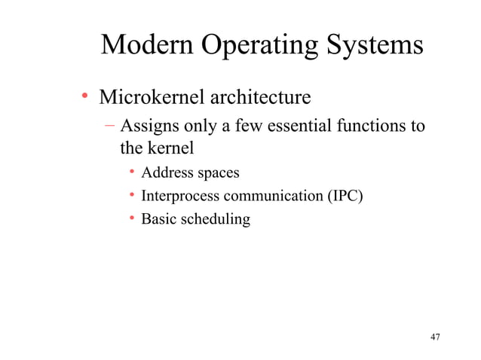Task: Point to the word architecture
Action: [x=261, y=98]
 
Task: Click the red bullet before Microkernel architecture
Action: [x=85, y=97]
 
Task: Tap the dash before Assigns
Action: [x=111, y=124]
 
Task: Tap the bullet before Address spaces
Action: [x=131, y=173]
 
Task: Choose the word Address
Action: [x=167, y=173]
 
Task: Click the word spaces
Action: [x=218, y=174]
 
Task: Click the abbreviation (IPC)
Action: [x=344, y=197]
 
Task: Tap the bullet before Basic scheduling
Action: [x=131, y=220]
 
